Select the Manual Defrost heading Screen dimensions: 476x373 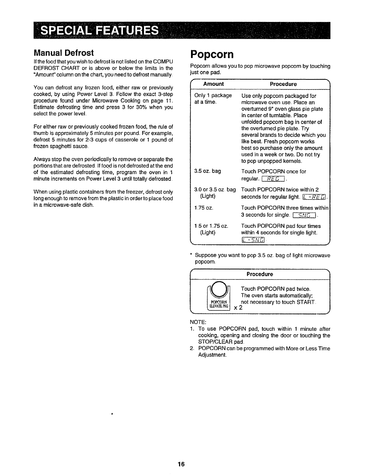pyautogui.click(x=64, y=53)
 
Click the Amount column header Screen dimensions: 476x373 pyautogui.click(x=213, y=84)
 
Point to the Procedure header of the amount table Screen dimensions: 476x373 pyautogui.click(x=283, y=84)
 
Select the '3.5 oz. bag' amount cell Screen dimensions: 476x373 pyautogui.click(x=207, y=171)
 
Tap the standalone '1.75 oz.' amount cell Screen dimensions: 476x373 pyautogui.click(x=204, y=208)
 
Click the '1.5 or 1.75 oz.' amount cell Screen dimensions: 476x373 pyautogui.click(x=211, y=226)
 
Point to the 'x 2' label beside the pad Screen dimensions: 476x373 pyautogui.click(x=238, y=307)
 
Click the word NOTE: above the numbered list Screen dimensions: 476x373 pyautogui.click(x=197, y=322)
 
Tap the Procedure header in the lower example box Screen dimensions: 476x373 pyautogui.click(x=260, y=274)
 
